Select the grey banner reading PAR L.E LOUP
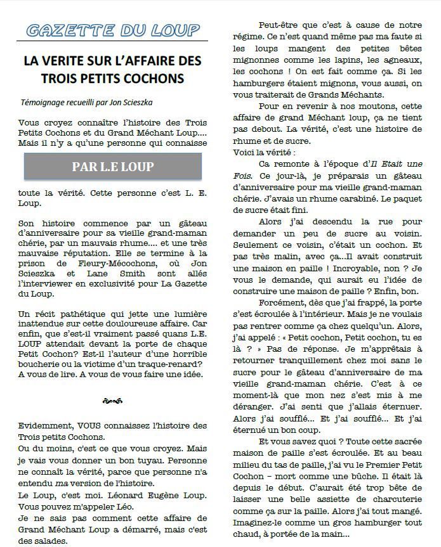112,167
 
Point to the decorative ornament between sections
111,401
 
